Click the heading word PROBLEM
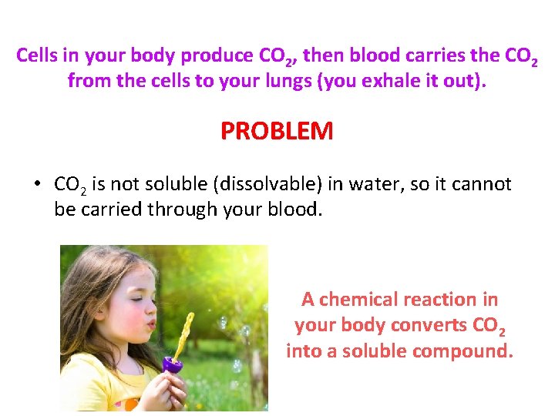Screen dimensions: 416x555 277,131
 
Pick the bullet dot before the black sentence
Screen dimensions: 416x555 36,185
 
